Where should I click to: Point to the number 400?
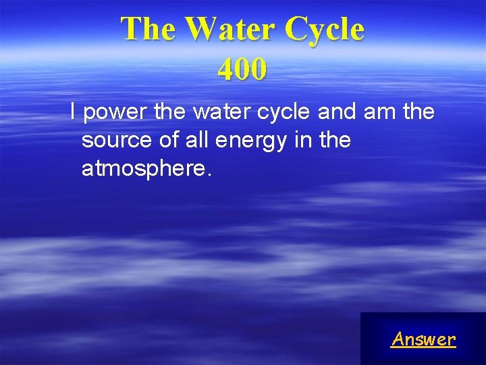click(242, 69)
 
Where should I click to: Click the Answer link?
click(423, 339)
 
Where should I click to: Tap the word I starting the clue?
click(74, 112)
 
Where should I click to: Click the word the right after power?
click(169, 112)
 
